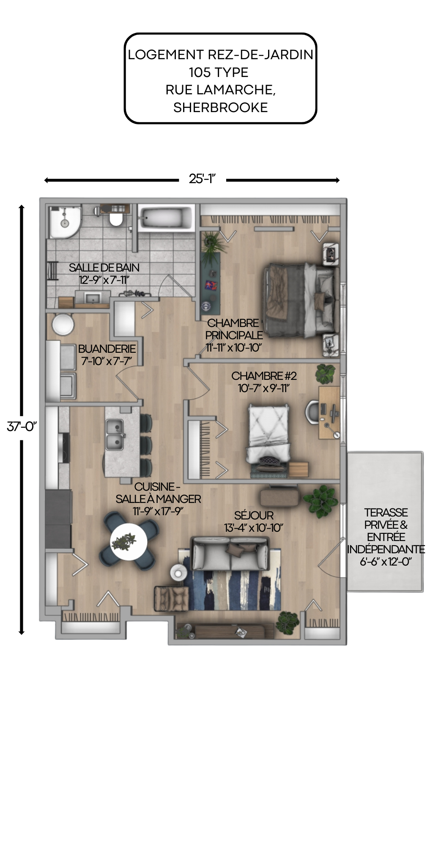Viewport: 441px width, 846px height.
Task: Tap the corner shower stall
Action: [64, 222]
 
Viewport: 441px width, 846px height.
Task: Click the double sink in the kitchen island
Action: [114, 434]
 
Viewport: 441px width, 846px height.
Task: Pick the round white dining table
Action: [129, 542]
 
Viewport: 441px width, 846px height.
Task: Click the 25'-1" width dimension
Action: [202, 179]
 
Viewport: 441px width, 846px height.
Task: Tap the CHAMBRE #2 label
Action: [264, 376]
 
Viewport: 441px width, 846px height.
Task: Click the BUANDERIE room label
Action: [107, 349]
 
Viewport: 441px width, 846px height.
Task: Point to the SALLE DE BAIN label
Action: [104, 268]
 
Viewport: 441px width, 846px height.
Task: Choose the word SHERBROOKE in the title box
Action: [220, 107]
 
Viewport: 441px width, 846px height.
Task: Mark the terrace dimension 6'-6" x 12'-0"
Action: [386, 562]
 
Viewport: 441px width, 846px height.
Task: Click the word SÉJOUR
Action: [254, 516]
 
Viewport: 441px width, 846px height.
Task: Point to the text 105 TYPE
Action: [219, 72]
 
